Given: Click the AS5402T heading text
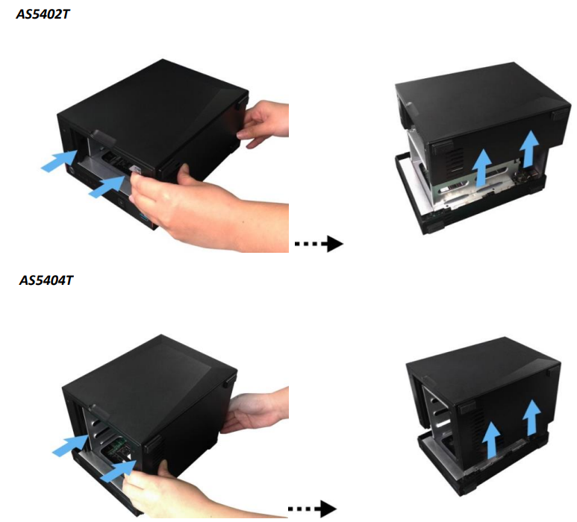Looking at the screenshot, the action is [x=43, y=14].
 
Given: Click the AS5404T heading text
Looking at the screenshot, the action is [x=46, y=280].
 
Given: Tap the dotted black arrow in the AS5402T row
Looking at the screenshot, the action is [x=319, y=243].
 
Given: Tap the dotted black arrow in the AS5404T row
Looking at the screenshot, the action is [x=312, y=509].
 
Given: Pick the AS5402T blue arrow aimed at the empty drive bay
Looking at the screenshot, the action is [x=59, y=160].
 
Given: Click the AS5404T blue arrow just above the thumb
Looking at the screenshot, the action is [x=119, y=471].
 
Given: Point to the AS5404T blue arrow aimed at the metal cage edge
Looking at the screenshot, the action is [x=70, y=445].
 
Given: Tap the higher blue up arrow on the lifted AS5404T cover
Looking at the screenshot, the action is [x=530, y=418].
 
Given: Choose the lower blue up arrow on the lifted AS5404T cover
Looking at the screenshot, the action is [x=491, y=440].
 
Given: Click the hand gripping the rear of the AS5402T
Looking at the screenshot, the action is [x=262, y=123].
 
